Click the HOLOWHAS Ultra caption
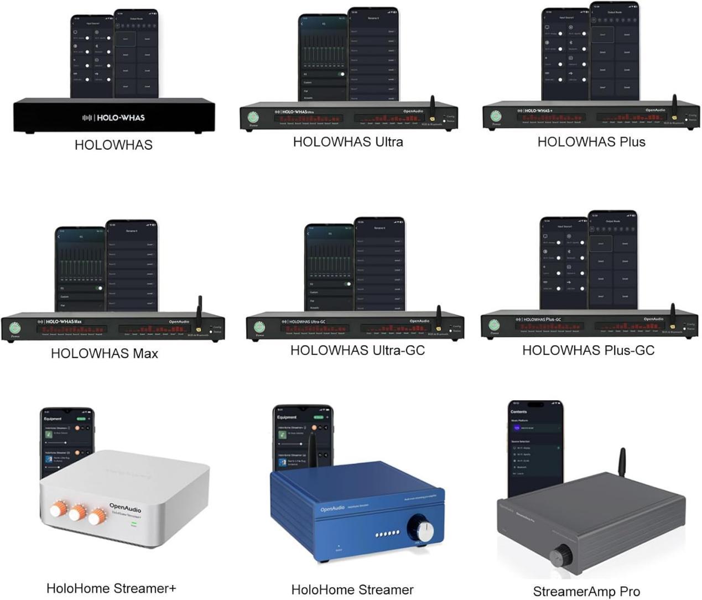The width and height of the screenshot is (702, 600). click(x=348, y=142)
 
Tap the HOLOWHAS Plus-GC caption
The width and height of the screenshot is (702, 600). click(x=588, y=350)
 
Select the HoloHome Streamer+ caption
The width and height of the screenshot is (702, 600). click(x=111, y=588)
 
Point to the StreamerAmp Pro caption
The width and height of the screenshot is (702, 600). click(x=586, y=591)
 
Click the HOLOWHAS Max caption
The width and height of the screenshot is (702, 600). click(x=104, y=353)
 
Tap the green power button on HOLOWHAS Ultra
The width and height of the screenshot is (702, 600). click(x=253, y=117)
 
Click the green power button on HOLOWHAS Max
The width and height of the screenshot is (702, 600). click(x=15, y=327)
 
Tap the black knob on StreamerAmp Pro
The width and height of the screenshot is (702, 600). click(x=562, y=553)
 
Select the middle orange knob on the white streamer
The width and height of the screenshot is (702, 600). click(x=77, y=512)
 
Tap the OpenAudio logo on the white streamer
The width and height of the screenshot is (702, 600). click(x=125, y=507)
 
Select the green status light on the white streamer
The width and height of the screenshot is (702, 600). click(x=133, y=523)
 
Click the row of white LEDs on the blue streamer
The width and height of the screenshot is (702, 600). click(x=387, y=534)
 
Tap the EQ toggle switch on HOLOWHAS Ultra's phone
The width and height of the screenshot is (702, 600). click(x=341, y=74)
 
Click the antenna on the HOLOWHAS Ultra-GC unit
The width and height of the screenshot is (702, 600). click(x=438, y=316)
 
